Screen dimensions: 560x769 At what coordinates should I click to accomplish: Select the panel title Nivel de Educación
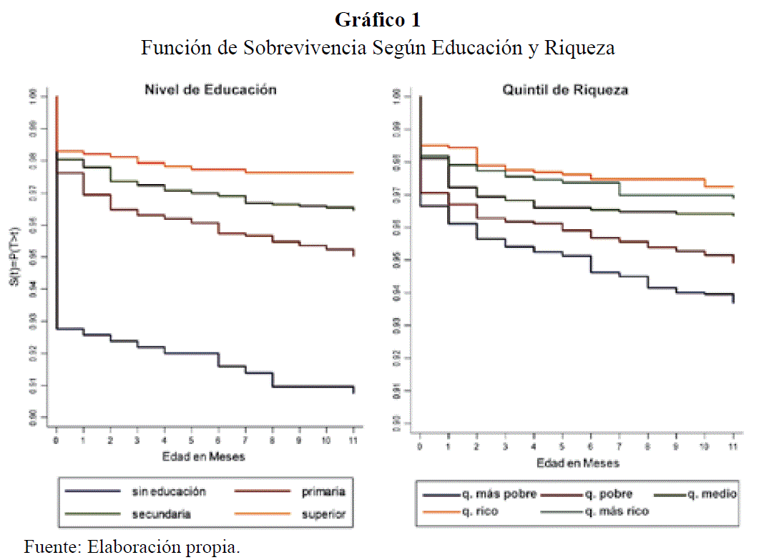210,90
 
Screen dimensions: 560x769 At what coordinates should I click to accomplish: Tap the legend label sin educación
169,492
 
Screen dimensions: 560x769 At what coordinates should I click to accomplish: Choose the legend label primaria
323,492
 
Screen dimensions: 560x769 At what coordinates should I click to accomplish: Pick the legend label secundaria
162,513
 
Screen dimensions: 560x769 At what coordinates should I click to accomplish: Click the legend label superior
323,513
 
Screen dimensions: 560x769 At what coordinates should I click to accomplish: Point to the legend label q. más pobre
498,494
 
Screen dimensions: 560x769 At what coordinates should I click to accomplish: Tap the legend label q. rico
481,511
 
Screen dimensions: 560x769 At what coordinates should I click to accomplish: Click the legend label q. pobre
608,494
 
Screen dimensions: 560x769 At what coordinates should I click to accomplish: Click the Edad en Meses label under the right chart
577,463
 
